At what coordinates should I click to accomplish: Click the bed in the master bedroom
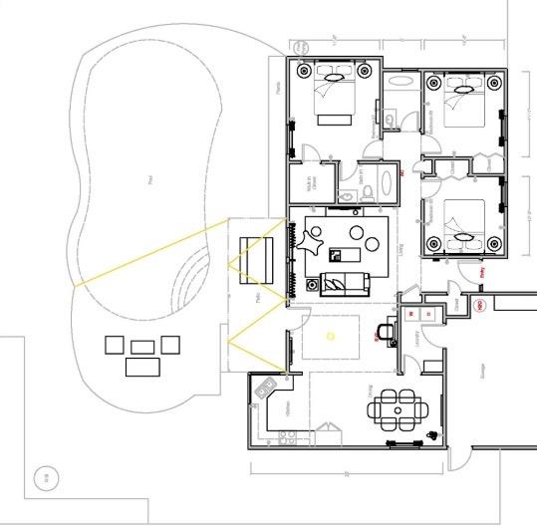[x=335, y=96]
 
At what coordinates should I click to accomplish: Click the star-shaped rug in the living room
[x=312, y=242]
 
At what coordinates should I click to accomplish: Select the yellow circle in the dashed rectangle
[x=331, y=335]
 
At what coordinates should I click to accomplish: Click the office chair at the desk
[x=387, y=330]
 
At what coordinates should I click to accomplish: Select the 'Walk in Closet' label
[x=310, y=186]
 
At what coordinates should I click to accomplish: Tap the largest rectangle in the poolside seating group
[x=142, y=366]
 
